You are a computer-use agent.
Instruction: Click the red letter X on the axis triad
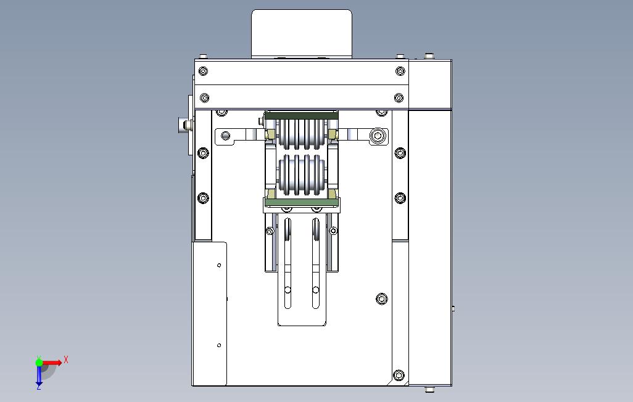pos(66,359)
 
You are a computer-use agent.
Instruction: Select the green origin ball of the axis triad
pos(39,363)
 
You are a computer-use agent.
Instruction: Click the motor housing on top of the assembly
pos(302,33)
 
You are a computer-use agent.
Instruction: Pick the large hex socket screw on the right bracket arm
pos(378,136)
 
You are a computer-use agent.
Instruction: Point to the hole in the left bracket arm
pos(226,135)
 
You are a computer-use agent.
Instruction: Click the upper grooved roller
pos(301,133)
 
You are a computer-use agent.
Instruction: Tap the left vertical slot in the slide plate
pos(288,263)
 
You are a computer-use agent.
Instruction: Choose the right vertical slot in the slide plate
pos(316,263)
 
